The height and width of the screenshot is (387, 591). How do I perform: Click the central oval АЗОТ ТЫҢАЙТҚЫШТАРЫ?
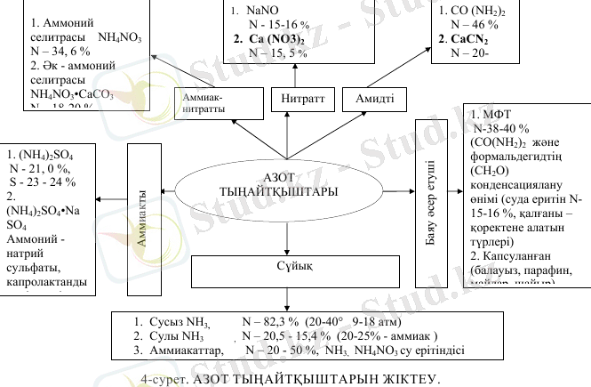click(289, 184)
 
